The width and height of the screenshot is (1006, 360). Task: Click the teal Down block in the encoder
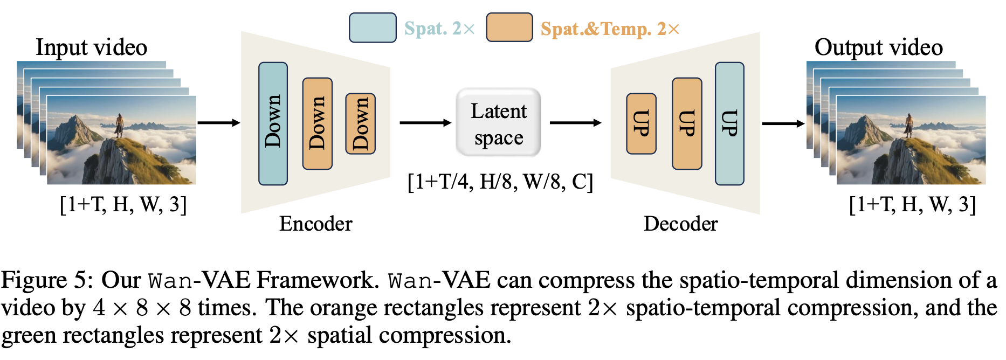273,123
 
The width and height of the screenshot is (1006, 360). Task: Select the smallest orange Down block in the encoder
360,123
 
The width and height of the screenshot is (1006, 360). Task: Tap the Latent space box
499,123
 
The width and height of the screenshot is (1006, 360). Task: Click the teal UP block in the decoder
729,123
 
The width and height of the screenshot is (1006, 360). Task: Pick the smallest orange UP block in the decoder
641,123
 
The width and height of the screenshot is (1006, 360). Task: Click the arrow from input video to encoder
218,123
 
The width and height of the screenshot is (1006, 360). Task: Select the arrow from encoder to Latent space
425,123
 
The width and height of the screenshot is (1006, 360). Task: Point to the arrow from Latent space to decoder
575,123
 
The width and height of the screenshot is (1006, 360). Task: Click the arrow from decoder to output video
783,123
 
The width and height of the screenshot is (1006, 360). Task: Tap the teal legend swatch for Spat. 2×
373,28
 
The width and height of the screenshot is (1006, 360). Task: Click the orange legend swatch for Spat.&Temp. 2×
509,28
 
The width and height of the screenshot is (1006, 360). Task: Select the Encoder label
315,224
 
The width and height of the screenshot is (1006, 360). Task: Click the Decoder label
680,224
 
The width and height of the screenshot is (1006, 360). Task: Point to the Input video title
91,47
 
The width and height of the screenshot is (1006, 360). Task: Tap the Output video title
878,47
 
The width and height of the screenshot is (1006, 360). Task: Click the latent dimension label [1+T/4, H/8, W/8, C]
500,182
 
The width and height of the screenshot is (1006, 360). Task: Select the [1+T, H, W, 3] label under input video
123,205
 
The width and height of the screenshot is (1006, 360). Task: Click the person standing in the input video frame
119,125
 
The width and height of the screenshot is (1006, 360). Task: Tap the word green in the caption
29,336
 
